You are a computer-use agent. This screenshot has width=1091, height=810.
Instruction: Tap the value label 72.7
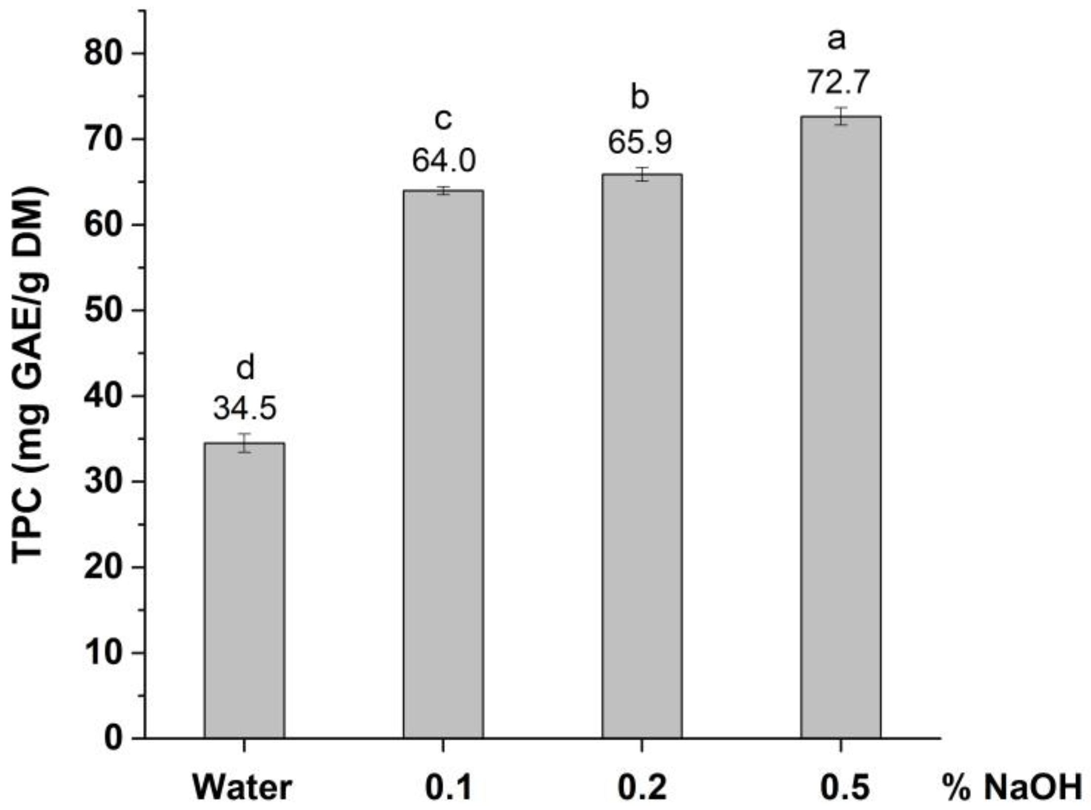[838, 82]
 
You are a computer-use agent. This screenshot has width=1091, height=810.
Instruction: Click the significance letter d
[245, 368]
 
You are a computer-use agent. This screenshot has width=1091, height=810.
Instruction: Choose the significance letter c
[443, 120]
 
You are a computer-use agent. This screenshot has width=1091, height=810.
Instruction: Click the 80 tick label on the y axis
[103, 53]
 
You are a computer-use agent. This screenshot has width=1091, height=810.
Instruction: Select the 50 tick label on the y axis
[103, 310]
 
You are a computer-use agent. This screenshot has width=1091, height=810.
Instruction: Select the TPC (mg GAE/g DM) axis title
[31, 375]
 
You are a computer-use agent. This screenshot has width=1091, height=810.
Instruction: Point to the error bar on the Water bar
[244, 443]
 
